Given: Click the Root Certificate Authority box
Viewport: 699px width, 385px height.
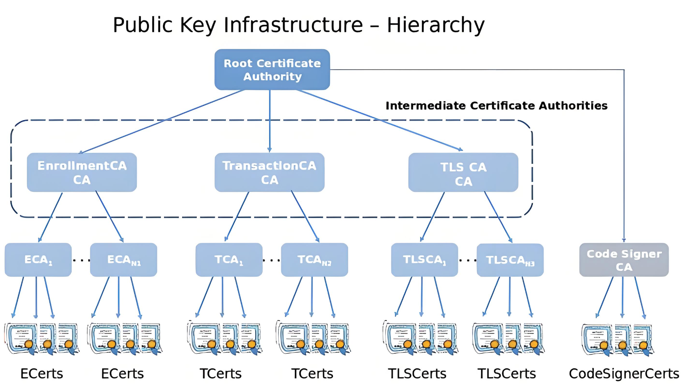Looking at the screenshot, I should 272,70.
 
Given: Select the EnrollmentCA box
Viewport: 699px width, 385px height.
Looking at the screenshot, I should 82,172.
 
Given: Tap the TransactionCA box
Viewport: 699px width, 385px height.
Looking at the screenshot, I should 269,172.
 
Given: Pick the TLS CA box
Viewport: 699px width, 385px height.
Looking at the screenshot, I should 463,173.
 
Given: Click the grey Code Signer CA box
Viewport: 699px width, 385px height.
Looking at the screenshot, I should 624,260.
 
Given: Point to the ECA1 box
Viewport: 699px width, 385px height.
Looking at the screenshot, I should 38,260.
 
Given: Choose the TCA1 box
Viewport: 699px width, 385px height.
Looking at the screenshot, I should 229,260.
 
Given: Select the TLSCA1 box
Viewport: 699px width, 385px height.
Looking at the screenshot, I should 424,260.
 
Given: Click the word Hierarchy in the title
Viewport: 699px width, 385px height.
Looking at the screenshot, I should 435,25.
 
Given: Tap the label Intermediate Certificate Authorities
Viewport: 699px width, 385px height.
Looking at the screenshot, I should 496,106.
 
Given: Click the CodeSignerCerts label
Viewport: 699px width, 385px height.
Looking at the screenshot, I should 624,374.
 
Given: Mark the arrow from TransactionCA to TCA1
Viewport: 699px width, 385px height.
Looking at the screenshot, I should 237,217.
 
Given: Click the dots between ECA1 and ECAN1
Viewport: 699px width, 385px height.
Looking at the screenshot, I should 81,260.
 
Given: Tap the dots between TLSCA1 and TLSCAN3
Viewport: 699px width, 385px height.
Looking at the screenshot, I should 467,260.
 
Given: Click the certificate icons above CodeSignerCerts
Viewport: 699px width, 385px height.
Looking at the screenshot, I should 617,339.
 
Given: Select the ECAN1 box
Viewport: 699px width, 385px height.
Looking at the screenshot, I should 123,260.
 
